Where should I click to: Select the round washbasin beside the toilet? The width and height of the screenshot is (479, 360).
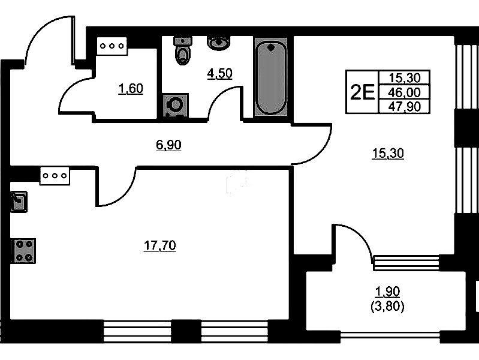click(x=219, y=43)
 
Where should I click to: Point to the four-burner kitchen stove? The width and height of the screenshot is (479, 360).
click(x=24, y=251)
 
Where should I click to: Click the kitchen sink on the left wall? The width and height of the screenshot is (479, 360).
click(x=19, y=202)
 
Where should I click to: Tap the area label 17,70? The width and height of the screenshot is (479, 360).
click(x=160, y=245)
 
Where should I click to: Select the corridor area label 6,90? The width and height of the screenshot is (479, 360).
click(x=168, y=145)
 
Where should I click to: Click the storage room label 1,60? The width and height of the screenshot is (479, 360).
click(x=131, y=89)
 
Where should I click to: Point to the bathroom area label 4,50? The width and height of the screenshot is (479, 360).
click(x=219, y=73)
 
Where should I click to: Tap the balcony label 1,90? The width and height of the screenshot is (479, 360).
click(x=387, y=292)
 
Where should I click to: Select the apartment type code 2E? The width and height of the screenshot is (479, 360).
click(x=362, y=92)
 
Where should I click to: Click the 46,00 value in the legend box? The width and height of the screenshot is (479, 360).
click(x=405, y=92)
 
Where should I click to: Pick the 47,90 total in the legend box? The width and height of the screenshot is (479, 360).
click(x=405, y=106)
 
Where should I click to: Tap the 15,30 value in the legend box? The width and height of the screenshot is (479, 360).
click(x=405, y=78)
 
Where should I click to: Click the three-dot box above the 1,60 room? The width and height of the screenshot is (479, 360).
click(x=112, y=46)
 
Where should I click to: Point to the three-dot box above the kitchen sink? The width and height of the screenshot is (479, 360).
click(x=55, y=176)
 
